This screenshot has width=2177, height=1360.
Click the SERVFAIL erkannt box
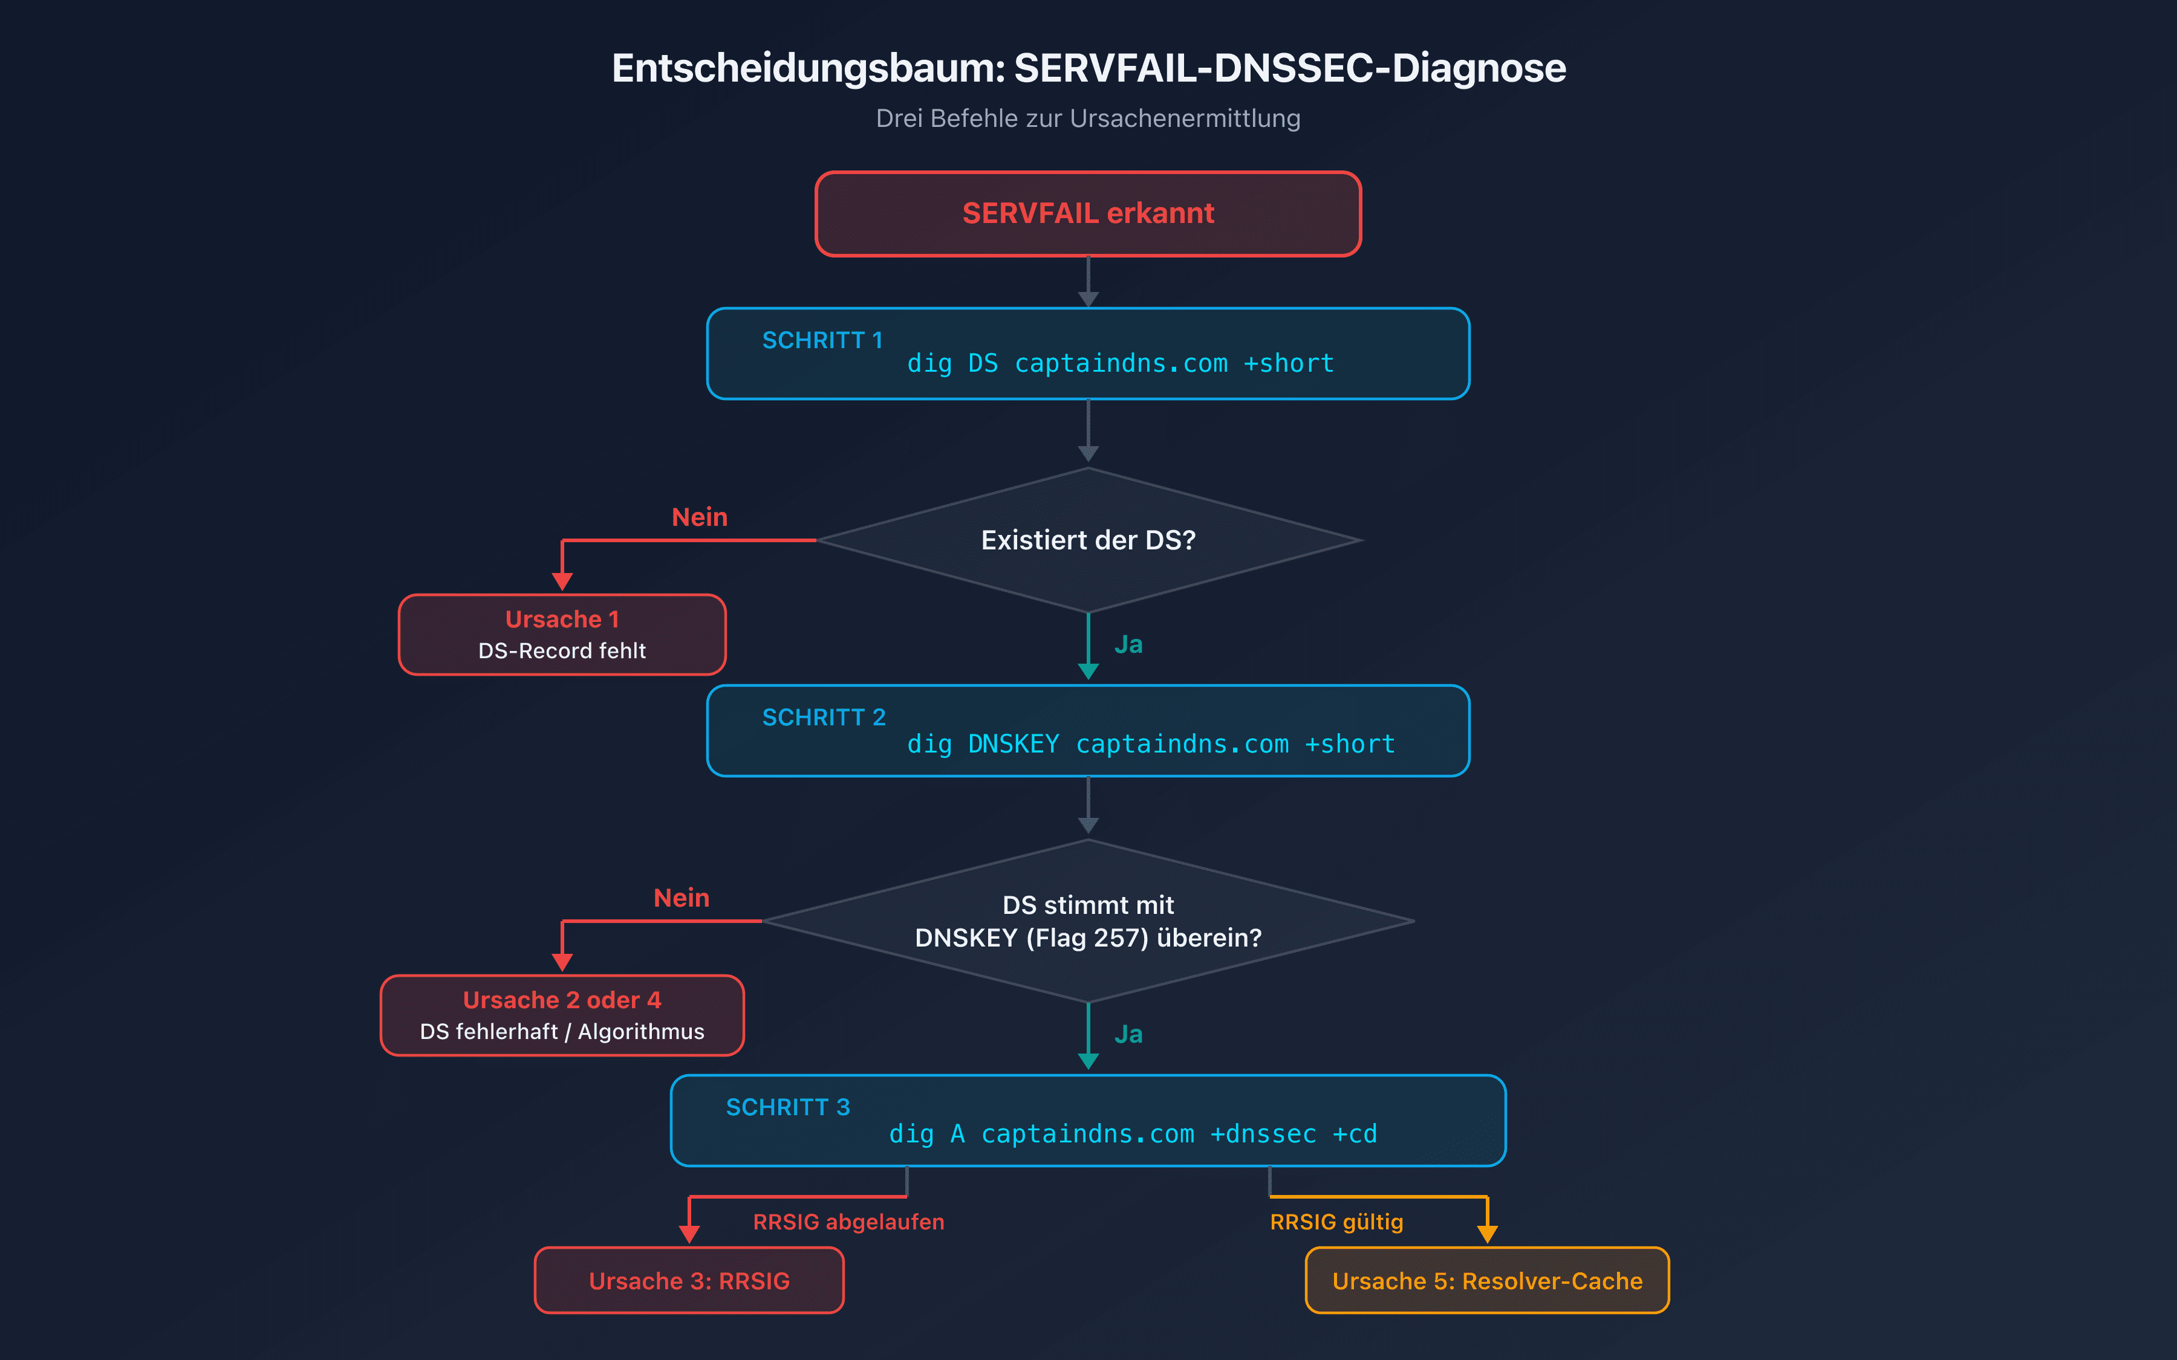(x=1088, y=214)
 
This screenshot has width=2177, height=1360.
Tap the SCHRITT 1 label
(x=822, y=340)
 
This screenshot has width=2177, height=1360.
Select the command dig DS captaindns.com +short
(x=1120, y=363)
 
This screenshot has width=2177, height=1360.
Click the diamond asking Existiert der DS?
(x=1088, y=540)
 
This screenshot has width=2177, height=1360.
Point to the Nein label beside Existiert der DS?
(x=699, y=517)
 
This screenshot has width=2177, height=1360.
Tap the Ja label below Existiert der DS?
(x=1128, y=645)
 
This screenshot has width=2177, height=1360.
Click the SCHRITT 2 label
(x=823, y=717)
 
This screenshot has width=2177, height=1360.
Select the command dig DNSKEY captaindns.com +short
(x=1151, y=744)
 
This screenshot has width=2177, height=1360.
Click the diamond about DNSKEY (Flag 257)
(x=1088, y=921)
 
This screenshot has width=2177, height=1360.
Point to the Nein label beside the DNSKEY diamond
(x=681, y=898)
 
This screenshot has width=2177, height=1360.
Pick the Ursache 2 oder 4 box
(x=562, y=1015)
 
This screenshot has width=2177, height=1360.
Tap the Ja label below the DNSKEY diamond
(x=1128, y=1034)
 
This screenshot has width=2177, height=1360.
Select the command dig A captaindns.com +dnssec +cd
(x=1133, y=1133)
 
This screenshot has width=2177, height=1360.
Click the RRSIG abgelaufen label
(x=848, y=1222)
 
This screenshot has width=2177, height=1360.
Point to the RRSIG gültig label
(x=1336, y=1222)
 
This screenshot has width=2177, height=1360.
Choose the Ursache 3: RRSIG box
(x=689, y=1281)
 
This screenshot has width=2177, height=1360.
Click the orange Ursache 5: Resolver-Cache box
(x=1487, y=1281)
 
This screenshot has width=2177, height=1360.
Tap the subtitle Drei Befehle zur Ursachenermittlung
(x=1088, y=118)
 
